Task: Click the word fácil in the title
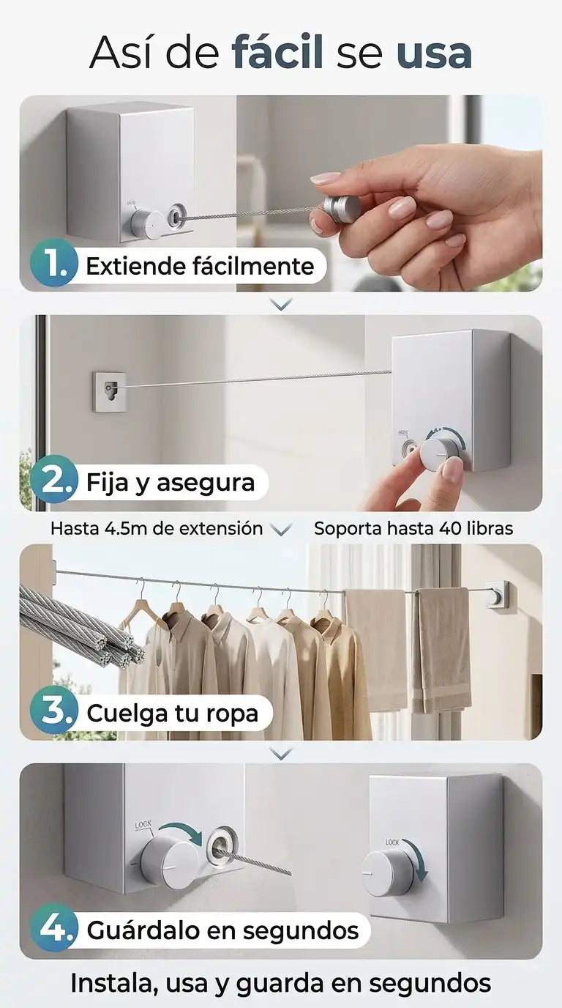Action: pyautogui.click(x=277, y=52)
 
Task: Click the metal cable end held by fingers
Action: pyautogui.click(x=342, y=208)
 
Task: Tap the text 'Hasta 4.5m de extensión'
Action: pyautogui.click(x=157, y=528)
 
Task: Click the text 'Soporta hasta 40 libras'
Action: pyautogui.click(x=413, y=528)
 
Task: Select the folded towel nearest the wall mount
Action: pyautogui.click(x=442, y=651)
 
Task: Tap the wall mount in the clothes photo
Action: pyautogui.click(x=498, y=595)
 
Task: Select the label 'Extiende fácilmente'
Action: pyautogui.click(x=200, y=266)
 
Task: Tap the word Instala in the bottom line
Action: pyautogui.click(x=113, y=983)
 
